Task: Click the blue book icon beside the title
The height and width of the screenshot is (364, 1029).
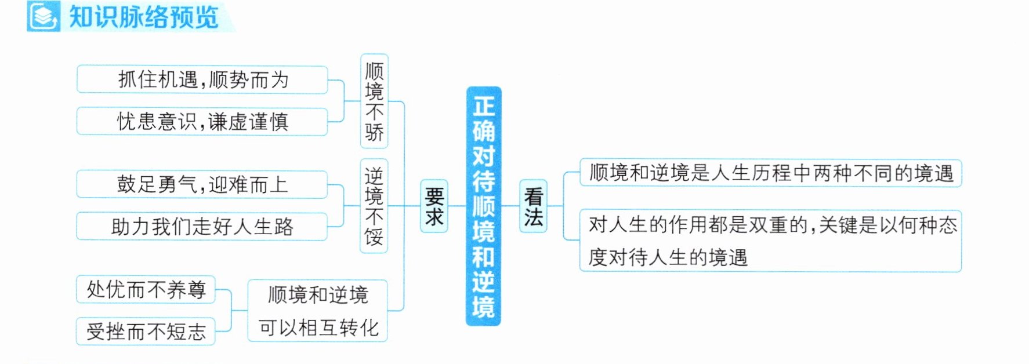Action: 44,16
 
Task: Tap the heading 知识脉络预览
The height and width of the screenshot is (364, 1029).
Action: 143,17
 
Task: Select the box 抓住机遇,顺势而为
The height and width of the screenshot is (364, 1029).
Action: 202,79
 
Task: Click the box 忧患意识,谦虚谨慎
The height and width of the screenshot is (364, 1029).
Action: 202,121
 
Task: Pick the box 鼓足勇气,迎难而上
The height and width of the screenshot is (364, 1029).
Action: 202,184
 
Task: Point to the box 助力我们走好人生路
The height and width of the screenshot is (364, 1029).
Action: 202,226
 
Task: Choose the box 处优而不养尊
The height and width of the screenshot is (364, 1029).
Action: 146,289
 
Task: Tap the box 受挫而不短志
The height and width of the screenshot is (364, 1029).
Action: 146,331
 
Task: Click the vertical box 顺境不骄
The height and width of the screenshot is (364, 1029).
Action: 374,101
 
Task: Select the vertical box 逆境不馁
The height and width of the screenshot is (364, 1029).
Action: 374,206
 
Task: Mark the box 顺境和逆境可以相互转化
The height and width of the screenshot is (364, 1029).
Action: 318,311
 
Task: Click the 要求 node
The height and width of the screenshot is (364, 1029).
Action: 434,206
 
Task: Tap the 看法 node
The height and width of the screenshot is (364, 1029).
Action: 533,206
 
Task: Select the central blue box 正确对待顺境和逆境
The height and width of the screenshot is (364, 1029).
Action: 483,206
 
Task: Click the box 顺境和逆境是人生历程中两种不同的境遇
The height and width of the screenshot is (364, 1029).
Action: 771,173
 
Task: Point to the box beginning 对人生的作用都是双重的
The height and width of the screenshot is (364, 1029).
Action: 771,241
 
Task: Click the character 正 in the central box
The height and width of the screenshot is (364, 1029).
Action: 483,105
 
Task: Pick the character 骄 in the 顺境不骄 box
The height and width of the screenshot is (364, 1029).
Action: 374,132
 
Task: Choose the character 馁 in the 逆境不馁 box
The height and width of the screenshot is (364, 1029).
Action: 374,236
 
